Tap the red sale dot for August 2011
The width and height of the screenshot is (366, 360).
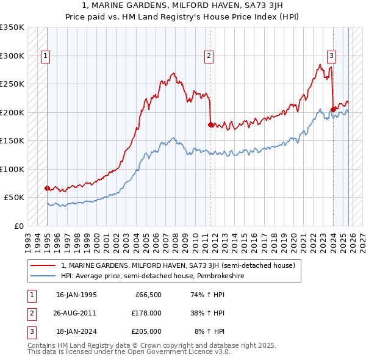[210, 124]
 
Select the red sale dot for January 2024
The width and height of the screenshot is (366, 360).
[333, 109]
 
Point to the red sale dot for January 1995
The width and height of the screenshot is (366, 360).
[48, 188]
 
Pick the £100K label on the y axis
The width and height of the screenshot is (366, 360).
[12, 169]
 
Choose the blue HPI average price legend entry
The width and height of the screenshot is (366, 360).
[152, 276]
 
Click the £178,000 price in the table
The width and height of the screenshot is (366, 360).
[146, 313]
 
